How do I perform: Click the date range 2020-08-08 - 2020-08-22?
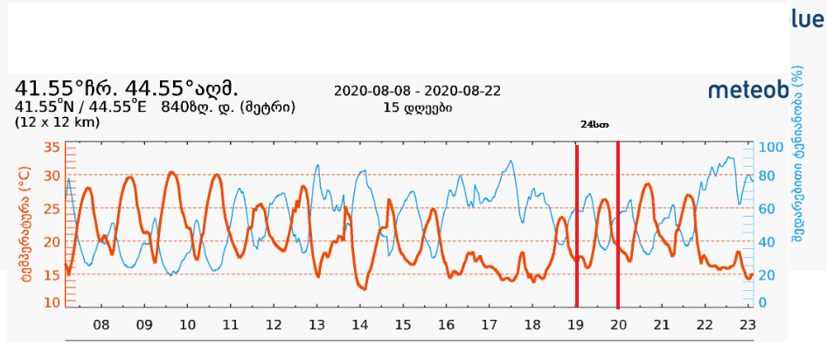coord(417,92)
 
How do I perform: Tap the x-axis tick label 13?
coord(316,325)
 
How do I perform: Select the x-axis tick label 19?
coord(575,325)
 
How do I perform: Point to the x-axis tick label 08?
coord(101,325)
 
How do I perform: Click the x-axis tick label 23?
coord(747,325)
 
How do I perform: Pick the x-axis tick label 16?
coord(446,325)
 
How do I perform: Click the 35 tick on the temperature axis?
coord(51,148)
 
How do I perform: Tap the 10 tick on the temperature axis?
coord(51,302)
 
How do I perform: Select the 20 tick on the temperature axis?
coord(51,241)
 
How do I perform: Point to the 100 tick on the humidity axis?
coord(768,147)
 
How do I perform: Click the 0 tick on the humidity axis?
coord(761,302)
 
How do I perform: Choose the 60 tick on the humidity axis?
coord(765,210)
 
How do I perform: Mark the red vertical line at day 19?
coord(577,225)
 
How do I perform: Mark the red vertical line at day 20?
coord(618,225)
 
